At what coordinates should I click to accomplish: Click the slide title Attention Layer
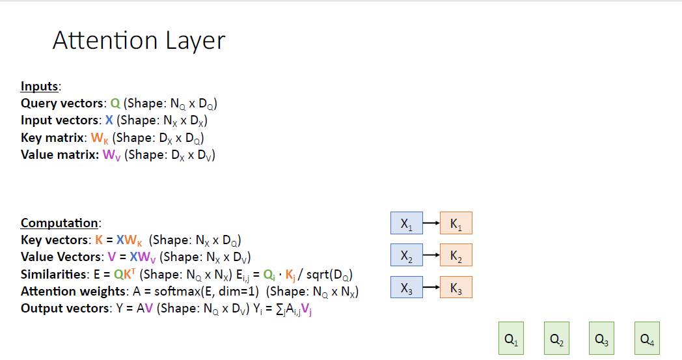139,40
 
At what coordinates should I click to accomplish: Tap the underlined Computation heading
60,223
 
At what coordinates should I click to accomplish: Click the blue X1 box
406,223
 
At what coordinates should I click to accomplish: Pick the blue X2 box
406,255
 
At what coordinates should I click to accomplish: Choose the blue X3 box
406,287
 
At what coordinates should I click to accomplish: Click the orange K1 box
456,223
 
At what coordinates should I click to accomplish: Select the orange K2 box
456,255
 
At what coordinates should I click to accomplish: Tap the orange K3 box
456,287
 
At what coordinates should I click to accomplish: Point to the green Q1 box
511,339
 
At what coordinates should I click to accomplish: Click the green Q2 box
556,339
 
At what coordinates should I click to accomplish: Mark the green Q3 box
602,339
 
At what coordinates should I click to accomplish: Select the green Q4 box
647,339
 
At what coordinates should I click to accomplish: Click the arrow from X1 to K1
431,223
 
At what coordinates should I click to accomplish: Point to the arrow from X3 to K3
431,287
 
